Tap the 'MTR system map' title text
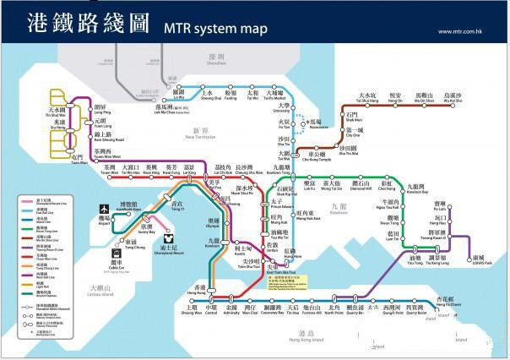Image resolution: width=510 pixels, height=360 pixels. coord(210,30)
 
